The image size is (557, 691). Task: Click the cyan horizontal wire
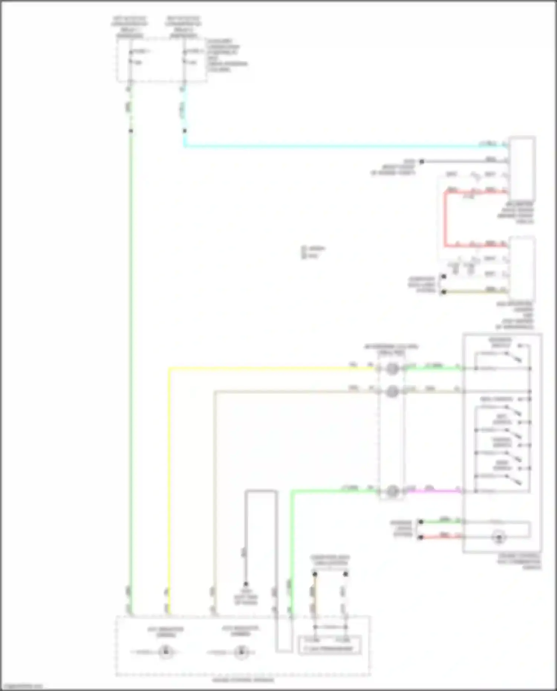(334, 146)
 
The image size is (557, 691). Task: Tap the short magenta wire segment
(433, 491)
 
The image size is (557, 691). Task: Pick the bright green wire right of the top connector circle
(433, 368)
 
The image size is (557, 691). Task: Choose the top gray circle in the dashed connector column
(392, 369)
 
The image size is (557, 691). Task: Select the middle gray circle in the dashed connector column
(392, 391)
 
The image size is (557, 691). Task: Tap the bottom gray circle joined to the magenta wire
(392, 491)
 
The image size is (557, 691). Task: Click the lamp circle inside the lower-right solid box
(499, 537)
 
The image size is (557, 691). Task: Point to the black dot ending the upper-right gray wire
(421, 162)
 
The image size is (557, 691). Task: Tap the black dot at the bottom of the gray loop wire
(245, 584)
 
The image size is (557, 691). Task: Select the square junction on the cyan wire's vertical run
(185, 131)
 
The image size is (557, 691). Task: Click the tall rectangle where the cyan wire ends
(522, 169)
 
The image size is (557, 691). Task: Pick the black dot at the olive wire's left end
(443, 292)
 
